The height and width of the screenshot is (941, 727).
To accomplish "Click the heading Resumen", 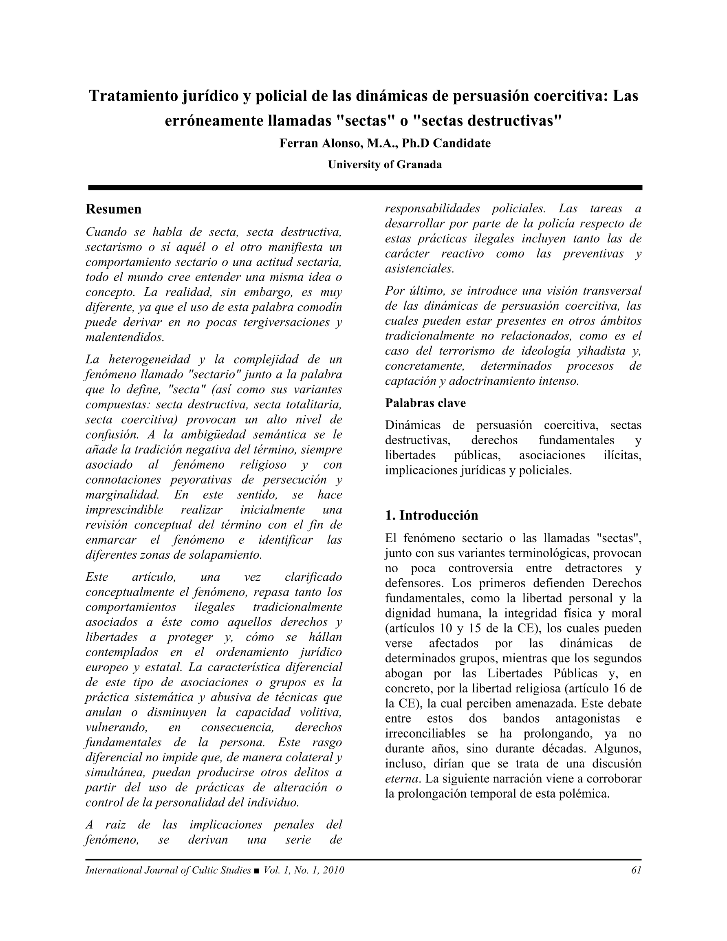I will tap(113, 209).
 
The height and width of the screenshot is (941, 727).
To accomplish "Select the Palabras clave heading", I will tap(425, 403).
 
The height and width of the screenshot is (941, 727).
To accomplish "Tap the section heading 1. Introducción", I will tap(432, 515).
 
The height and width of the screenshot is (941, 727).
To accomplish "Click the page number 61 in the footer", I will tap(636, 870).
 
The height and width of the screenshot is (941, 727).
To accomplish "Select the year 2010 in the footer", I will tap(333, 870).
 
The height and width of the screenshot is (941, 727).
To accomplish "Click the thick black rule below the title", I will tap(365, 188).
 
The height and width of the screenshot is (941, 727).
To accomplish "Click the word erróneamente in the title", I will tap(214, 121).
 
